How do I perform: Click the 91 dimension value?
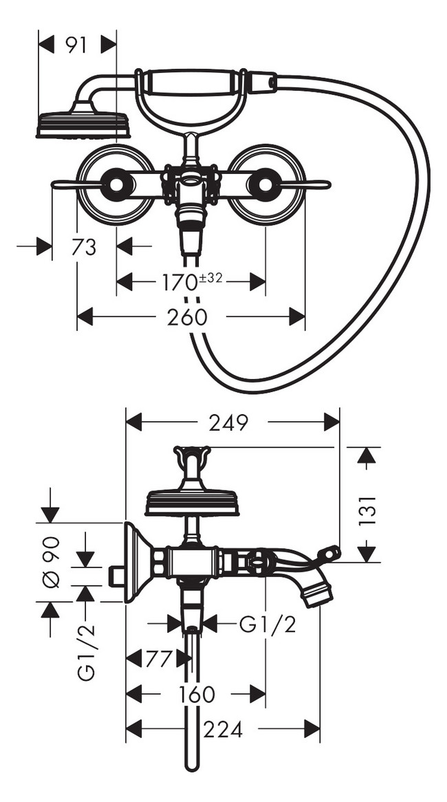pyautogui.click(x=77, y=45)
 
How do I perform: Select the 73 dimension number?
pyautogui.click(x=84, y=248)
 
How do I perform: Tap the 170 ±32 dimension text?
pyautogui.click(x=193, y=281)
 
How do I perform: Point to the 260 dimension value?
pyautogui.click(x=187, y=317)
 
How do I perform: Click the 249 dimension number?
pyautogui.click(x=228, y=422)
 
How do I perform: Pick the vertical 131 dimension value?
pyautogui.click(x=367, y=510)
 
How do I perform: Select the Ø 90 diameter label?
pyautogui.click(x=51, y=561)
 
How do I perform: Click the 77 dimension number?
pyautogui.click(x=158, y=659)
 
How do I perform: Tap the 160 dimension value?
pyautogui.click(x=197, y=695)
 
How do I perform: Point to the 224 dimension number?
pyautogui.click(x=223, y=729)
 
